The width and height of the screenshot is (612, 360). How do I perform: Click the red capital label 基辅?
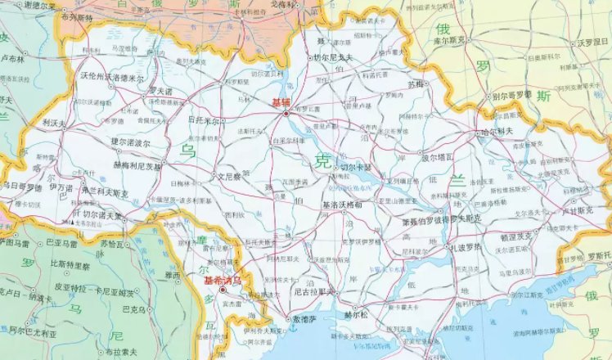point(281,103)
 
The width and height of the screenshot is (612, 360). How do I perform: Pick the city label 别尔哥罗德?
point(515,95)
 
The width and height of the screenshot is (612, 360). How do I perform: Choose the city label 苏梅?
point(416,83)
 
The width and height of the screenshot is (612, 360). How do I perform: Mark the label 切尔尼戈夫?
point(333,57)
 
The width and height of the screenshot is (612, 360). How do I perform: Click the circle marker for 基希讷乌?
point(222,290)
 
